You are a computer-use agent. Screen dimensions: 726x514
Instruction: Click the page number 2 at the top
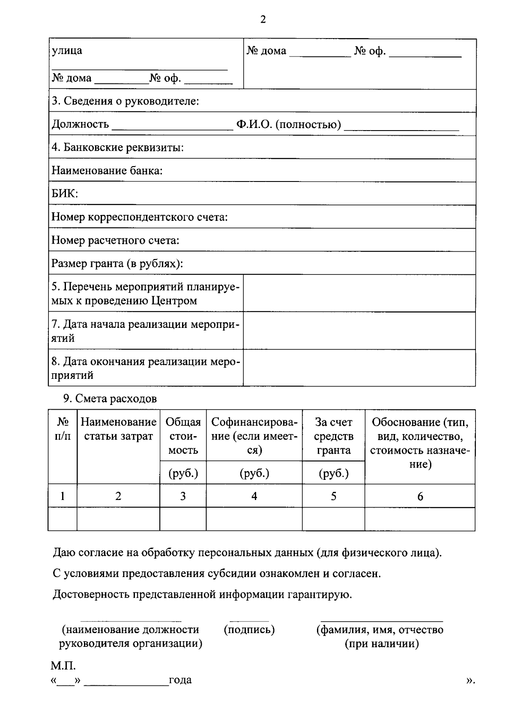263,20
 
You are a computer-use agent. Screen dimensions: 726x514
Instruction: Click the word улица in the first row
67,51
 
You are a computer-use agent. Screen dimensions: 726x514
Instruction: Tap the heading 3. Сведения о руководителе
125,101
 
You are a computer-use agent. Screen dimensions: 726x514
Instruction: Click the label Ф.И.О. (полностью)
288,125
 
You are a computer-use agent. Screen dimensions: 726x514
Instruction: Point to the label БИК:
65,193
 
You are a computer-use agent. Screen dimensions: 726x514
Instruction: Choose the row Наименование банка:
107,171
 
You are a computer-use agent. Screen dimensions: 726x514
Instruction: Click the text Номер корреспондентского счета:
140,217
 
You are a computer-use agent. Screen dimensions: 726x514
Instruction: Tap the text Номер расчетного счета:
115,240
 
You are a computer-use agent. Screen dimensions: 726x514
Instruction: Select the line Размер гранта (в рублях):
117,263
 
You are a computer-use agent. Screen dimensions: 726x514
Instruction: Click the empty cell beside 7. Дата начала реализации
359,330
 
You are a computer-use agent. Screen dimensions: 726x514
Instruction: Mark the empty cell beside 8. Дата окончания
359,368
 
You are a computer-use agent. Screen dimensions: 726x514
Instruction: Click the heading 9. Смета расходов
110,399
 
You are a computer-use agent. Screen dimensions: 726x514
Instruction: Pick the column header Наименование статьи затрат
119,429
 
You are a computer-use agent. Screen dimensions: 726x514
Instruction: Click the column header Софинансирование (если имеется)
254,436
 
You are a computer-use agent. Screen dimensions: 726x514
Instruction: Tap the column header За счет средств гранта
334,436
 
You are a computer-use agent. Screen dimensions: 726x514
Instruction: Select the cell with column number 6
420,496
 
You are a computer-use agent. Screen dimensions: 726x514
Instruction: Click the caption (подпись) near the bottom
249,630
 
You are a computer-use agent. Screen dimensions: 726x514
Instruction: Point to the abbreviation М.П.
63,666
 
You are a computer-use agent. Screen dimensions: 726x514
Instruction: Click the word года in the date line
180,680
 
